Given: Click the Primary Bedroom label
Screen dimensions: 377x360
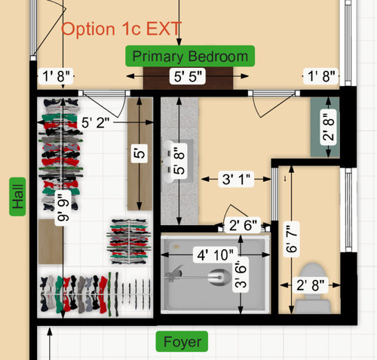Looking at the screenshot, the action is pyautogui.click(x=190, y=56).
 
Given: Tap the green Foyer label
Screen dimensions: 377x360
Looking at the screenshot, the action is pyautogui.click(x=182, y=342).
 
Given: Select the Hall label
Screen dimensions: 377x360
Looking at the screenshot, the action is pyautogui.click(x=17, y=196).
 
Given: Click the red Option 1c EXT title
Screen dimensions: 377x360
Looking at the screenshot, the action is pyautogui.click(x=121, y=29).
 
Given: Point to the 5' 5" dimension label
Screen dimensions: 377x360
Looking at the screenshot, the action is pyautogui.click(x=188, y=76).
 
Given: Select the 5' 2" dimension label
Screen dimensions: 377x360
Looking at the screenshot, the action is pyautogui.click(x=96, y=123).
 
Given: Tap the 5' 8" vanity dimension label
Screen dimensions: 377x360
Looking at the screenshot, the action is pyautogui.click(x=179, y=161).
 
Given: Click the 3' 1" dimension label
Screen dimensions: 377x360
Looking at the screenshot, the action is pyautogui.click(x=236, y=179).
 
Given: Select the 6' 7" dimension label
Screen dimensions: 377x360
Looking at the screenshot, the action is pyautogui.click(x=292, y=239).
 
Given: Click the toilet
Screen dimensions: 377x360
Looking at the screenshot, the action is pyautogui.click(x=312, y=288).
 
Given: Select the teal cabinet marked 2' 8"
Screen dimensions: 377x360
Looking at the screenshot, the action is pyautogui.click(x=325, y=128).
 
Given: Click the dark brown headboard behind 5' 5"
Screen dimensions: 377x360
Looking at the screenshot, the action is pyautogui.click(x=188, y=78).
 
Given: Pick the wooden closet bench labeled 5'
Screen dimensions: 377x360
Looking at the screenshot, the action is pyautogui.click(x=139, y=154).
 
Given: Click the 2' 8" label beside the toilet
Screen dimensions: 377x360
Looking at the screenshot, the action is pyautogui.click(x=311, y=285).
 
